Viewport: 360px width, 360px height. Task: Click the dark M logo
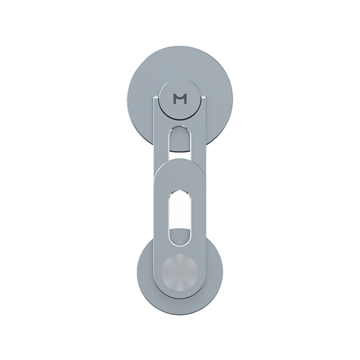click(180, 99)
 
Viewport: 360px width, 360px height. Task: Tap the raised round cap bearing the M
click(180, 98)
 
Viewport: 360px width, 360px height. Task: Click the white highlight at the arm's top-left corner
click(155, 98)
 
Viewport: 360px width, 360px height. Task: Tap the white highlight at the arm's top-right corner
click(204, 98)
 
